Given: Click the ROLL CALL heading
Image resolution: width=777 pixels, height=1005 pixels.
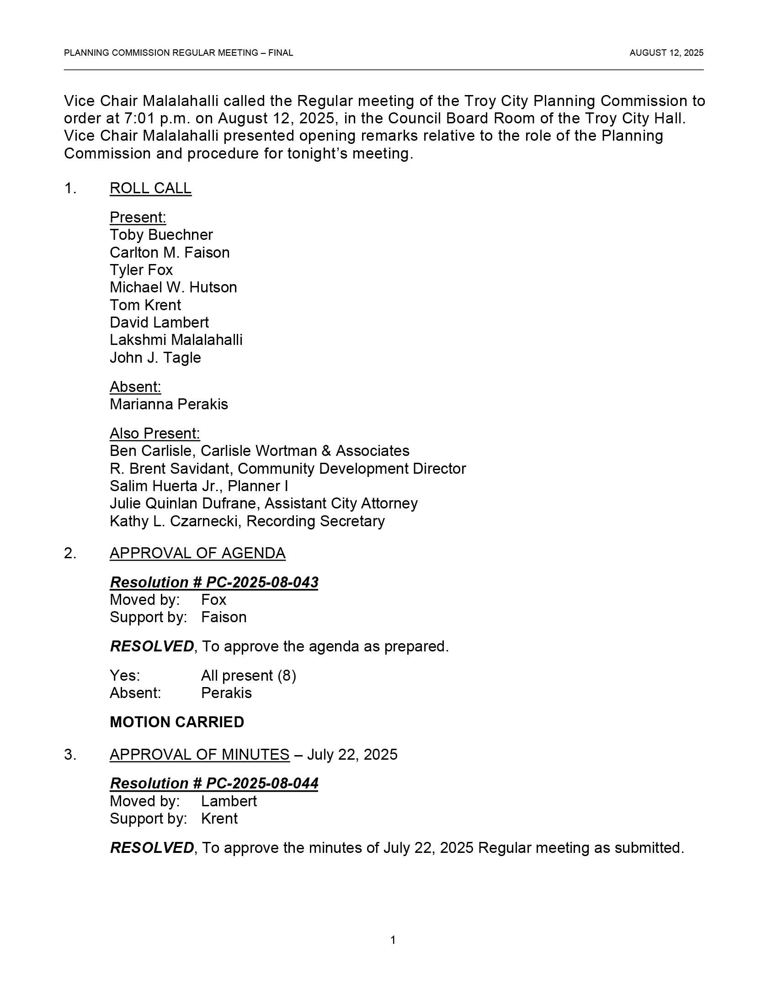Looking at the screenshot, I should pos(150,188).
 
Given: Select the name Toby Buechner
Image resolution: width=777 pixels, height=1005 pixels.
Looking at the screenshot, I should pos(161,235).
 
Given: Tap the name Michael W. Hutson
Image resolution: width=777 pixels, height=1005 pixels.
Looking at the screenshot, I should pos(173,287).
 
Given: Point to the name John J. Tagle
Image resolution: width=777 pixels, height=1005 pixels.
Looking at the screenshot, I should pos(155,358).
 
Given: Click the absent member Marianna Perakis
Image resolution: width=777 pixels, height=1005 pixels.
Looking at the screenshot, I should pos(169,404).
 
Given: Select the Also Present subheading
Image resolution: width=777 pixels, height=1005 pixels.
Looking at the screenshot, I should pos(154,433).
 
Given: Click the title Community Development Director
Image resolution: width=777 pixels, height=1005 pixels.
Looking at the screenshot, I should pos(351,468).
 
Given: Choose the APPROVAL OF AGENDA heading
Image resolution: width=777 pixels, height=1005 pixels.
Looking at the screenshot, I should pos(197,553).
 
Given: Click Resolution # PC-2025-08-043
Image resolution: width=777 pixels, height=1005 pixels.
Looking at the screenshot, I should pos(214,582).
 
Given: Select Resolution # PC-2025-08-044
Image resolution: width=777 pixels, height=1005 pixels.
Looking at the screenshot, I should pos(214,783).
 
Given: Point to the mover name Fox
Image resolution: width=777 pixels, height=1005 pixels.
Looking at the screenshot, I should pos(213,600).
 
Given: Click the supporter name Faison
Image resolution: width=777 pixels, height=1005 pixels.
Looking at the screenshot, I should pos(224,617).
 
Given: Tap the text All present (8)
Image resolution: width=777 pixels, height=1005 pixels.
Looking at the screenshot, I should pos(249,676).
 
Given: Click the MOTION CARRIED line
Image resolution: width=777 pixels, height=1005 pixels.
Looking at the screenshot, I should pos(177,722).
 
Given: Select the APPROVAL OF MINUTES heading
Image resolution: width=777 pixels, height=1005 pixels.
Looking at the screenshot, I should pos(199,754).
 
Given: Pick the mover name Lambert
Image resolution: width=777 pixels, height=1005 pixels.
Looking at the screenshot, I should pos(229,801).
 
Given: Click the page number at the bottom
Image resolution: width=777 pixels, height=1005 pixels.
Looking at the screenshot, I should pos(393,940).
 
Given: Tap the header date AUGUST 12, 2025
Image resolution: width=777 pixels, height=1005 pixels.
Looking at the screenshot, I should pos(666,53).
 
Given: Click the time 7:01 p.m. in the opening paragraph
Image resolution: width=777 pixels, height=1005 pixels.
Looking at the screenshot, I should pos(156,118).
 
